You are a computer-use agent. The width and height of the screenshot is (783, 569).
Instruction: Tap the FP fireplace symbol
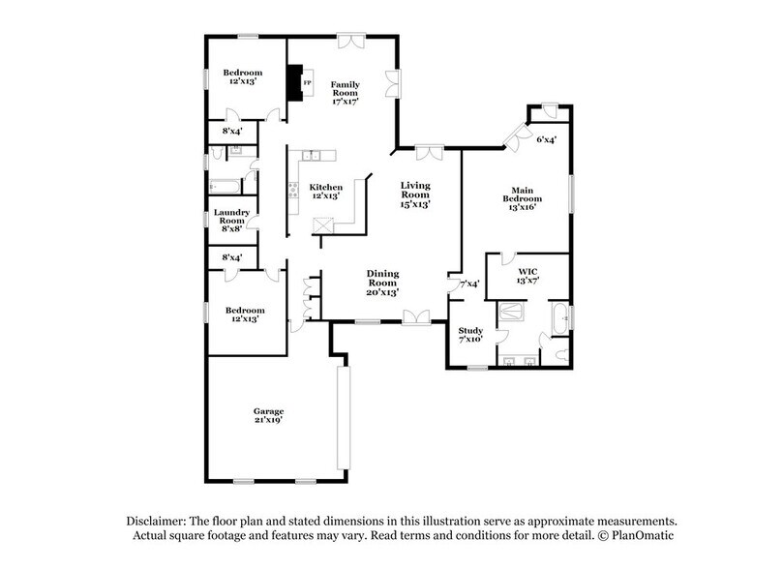pyautogui.click(x=307, y=83)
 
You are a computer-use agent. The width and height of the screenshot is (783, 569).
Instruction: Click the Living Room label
pyautogui.click(x=415, y=195)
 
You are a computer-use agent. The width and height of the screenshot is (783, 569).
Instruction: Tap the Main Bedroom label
pyautogui.click(x=521, y=198)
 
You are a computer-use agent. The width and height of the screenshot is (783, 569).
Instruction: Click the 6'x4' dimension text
pyautogui.click(x=546, y=141)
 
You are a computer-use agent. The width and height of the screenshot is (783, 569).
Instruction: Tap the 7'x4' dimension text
pyautogui.click(x=470, y=284)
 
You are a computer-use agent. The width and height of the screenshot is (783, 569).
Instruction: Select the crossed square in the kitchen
pyautogui.click(x=323, y=225)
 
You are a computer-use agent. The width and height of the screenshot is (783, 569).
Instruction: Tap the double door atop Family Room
pyautogui.click(x=350, y=42)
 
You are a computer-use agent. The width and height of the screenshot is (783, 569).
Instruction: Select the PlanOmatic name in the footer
pyautogui.click(x=643, y=535)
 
